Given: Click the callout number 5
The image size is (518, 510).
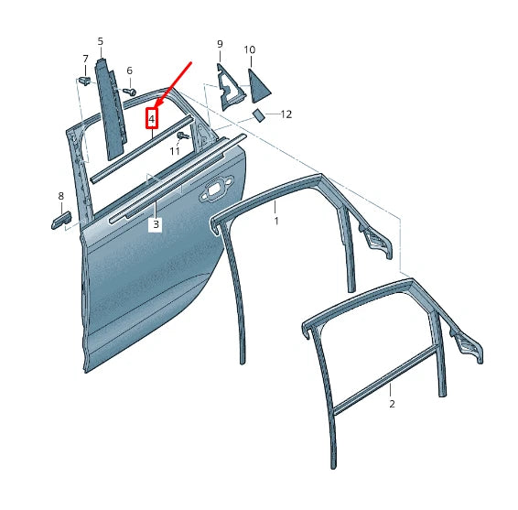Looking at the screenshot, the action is [x=101, y=41].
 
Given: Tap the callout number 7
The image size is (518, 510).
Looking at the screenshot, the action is [x=85, y=59].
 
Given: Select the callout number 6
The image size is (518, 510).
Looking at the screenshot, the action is [x=130, y=71].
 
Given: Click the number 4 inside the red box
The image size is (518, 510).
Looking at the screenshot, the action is [x=152, y=118].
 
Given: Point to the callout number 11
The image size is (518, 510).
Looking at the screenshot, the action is [x=175, y=151].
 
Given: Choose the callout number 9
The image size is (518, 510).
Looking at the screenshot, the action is [x=220, y=44].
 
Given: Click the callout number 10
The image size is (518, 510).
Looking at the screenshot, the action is [x=250, y=49].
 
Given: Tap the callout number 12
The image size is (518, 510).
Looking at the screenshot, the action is [x=286, y=114].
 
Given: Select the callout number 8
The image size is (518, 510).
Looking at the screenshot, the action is [x=60, y=196].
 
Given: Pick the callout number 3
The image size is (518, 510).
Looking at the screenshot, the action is [x=156, y=224].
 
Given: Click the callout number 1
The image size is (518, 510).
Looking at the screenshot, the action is [x=276, y=221].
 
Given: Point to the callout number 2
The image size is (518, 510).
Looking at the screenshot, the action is [x=392, y=404].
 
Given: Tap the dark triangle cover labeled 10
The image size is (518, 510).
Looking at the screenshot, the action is [x=258, y=87].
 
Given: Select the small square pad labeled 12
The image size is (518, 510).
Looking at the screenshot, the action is [x=259, y=115].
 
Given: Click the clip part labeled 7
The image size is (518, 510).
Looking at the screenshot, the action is [x=84, y=81].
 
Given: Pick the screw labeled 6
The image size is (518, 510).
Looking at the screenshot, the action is [x=130, y=92].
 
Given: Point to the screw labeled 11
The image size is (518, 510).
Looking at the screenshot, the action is [x=183, y=136].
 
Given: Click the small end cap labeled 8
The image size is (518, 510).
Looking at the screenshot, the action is [x=61, y=220].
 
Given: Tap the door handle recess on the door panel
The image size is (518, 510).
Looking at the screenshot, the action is [x=215, y=189].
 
